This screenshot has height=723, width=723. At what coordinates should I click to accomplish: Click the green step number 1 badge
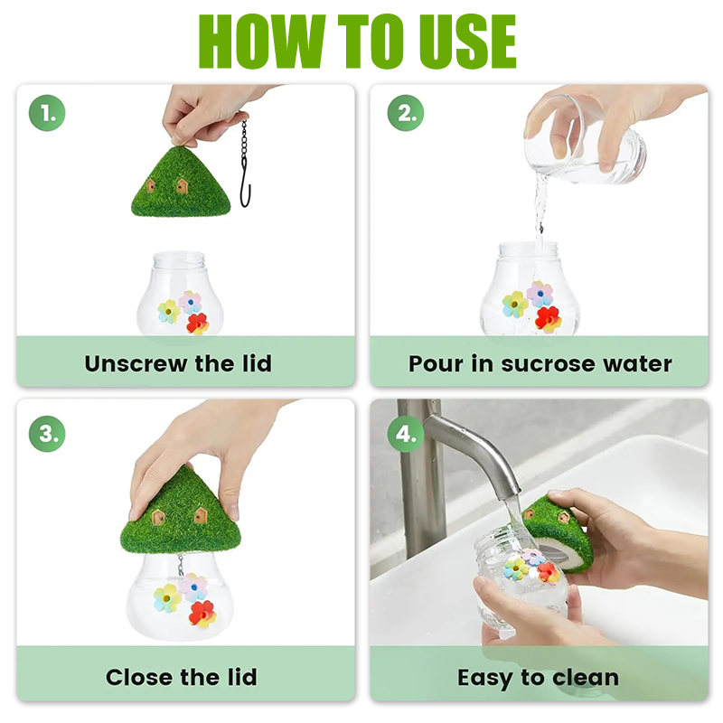[x=47, y=113]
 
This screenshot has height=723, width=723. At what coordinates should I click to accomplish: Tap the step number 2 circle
[x=405, y=113]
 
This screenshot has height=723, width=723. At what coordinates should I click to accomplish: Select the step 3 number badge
[x=47, y=434]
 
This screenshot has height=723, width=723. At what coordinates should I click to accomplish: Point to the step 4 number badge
[x=405, y=434]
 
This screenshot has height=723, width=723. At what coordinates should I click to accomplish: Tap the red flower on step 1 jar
[x=197, y=324]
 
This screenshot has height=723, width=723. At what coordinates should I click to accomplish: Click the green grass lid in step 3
[x=181, y=512]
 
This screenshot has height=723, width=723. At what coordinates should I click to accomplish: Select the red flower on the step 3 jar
[x=202, y=614]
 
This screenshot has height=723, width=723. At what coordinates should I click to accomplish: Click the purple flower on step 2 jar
[x=540, y=294]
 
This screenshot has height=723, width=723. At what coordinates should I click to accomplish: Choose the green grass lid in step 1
[x=181, y=183]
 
